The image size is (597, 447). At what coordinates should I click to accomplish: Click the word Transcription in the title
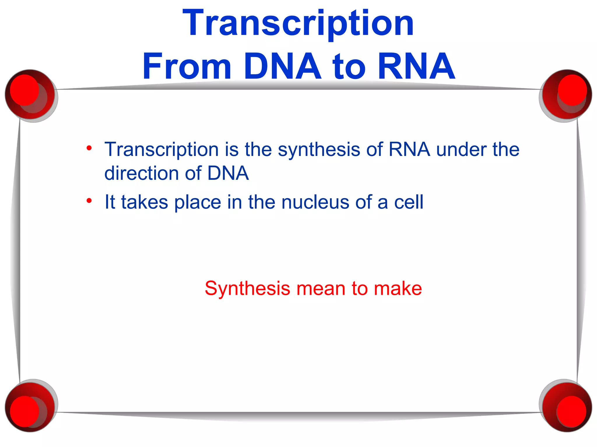298,23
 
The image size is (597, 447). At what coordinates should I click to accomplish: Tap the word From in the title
187,66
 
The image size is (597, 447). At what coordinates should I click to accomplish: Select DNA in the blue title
282,66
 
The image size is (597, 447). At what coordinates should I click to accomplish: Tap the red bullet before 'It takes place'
89,201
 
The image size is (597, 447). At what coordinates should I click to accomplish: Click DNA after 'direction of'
228,173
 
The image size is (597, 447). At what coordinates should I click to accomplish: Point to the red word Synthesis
247,289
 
